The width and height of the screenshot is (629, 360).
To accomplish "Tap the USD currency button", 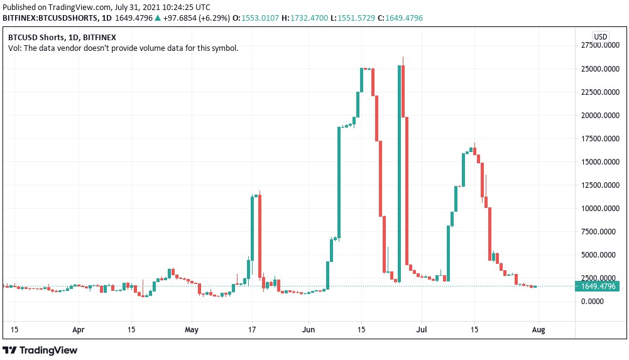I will tap(601, 36).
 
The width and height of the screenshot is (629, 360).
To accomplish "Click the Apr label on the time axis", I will tap(78, 329).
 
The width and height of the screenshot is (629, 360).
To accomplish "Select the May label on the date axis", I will tap(192, 329).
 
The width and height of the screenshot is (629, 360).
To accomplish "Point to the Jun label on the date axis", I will tap(308, 329).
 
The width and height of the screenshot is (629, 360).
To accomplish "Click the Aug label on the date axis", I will tap(539, 329).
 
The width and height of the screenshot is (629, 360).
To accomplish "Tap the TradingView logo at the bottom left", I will tap(40, 350).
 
